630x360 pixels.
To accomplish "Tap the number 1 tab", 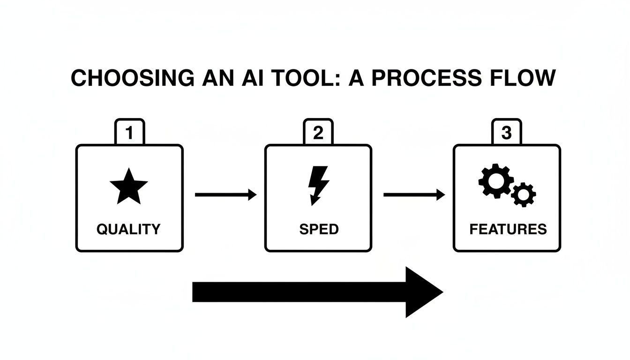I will [x=130, y=133].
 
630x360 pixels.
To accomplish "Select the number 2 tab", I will [x=318, y=133].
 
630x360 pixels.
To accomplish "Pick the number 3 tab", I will [x=507, y=133].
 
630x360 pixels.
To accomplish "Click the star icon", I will [x=129, y=187].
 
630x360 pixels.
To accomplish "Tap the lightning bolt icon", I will [x=317, y=185].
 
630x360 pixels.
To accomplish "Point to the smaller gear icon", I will [x=523, y=194].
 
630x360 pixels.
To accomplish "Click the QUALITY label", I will [x=128, y=229].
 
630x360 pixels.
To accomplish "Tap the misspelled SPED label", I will [x=318, y=229].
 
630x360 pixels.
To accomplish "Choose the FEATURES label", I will [x=508, y=229].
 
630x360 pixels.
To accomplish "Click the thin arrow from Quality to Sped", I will [x=225, y=195].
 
